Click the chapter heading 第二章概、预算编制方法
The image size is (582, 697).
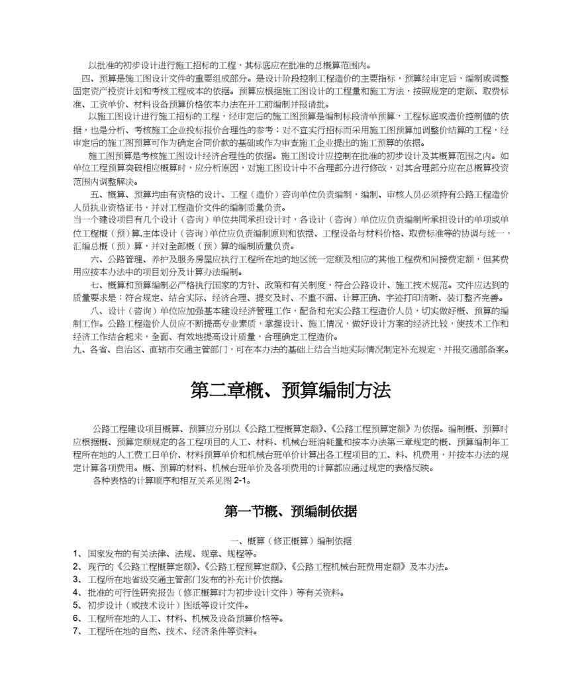[x=291, y=390]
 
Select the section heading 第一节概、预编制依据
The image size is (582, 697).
[x=291, y=511]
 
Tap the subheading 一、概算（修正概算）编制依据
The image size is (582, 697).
[x=291, y=541]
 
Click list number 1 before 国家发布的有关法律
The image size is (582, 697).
[x=76, y=554]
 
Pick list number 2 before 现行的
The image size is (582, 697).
[x=76, y=566]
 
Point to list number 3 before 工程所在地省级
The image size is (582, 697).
[x=76, y=580]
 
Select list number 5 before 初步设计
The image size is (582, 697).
[x=76, y=606]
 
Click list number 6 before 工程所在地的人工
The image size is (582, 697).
[x=76, y=618]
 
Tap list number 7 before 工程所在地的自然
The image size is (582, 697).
[x=76, y=631]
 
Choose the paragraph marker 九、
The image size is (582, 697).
[x=79, y=349]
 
